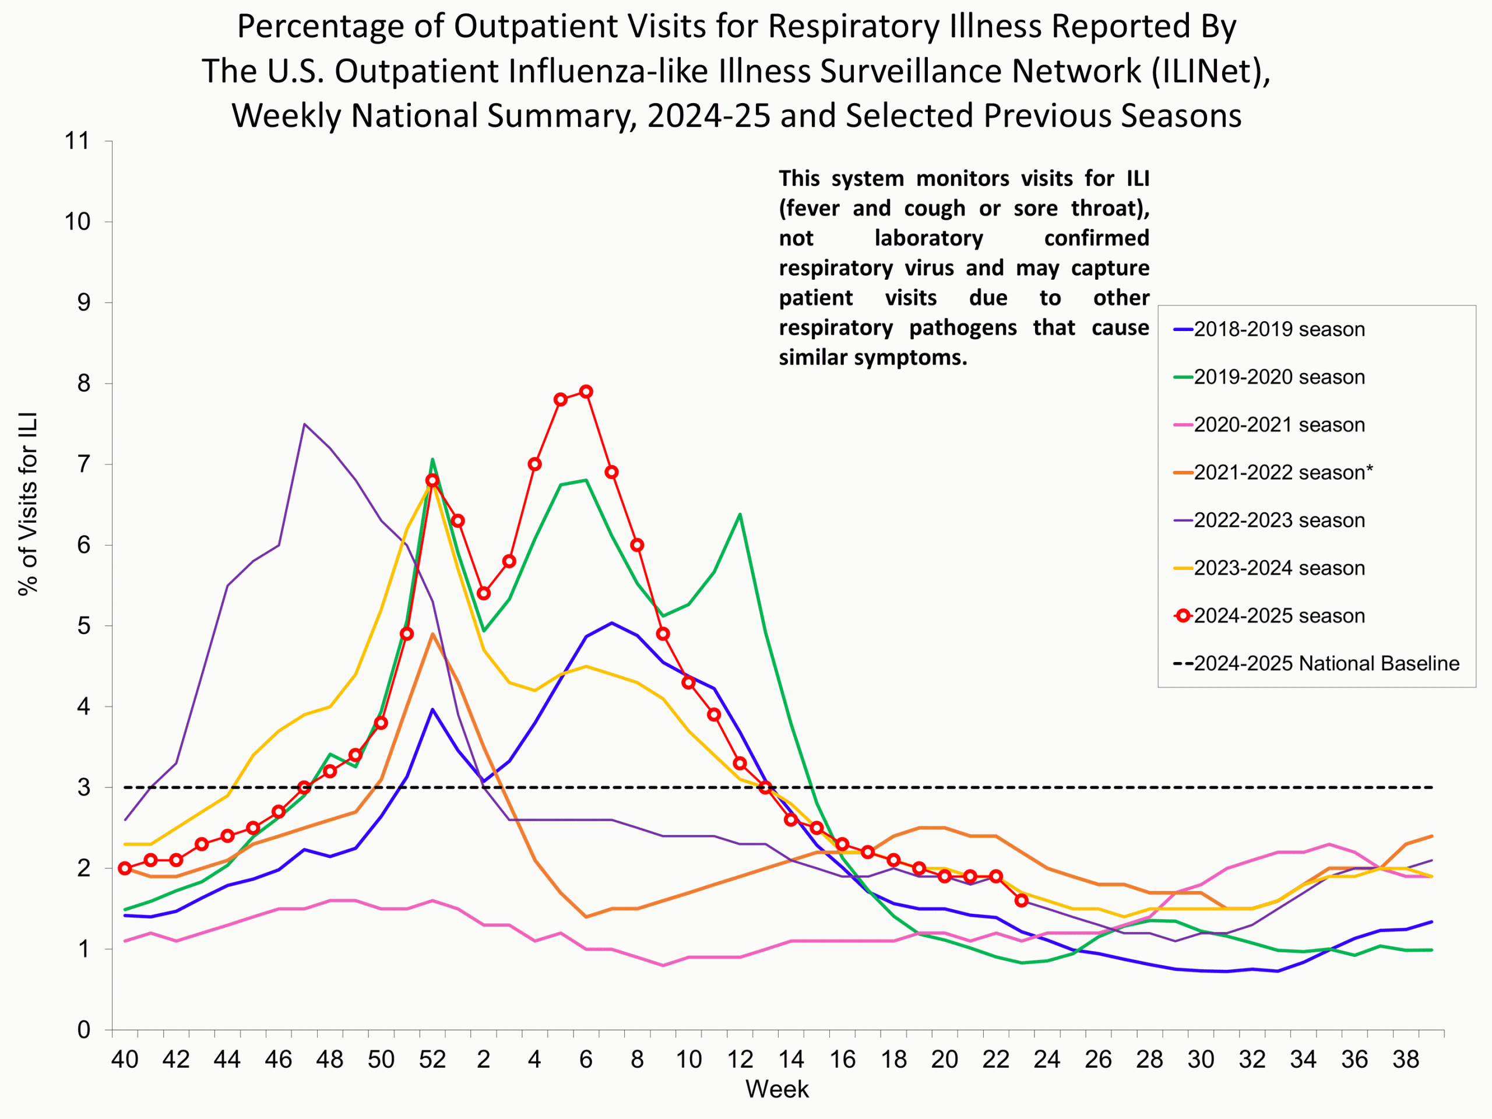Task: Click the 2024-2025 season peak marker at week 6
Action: (586, 392)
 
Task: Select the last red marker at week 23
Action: (1021, 900)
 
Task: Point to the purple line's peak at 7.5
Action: (305, 424)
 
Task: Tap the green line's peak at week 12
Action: (740, 515)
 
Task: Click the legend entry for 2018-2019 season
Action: (1278, 329)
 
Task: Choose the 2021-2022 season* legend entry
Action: (1282, 472)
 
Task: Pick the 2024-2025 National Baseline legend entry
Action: (1325, 663)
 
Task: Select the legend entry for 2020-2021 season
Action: (1278, 425)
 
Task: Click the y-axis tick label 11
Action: (77, 141)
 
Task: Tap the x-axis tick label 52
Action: (432, 1060)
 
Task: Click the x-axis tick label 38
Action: (1406, 1060)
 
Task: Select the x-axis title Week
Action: (777, 1089)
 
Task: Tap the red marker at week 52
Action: (432, 480)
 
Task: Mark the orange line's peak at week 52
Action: (432, 634)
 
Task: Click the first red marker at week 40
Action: (125, 868)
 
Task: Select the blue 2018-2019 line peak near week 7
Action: (612, 622)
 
